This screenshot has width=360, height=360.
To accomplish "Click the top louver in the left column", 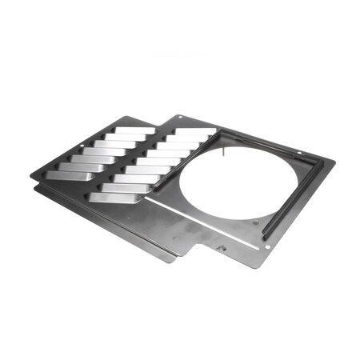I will click(x=136, y=130).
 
